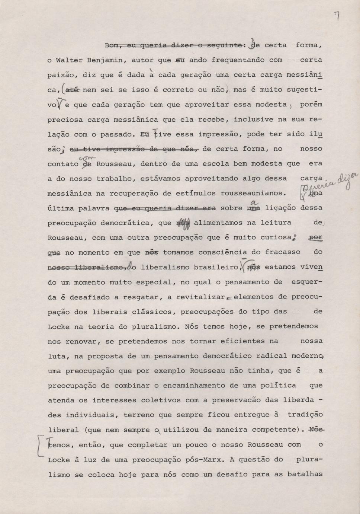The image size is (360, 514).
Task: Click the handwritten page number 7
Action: [337, 16]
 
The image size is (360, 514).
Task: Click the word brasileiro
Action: [216, 267]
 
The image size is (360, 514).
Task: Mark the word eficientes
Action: [242, 341]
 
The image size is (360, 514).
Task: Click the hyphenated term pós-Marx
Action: [204, 460]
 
